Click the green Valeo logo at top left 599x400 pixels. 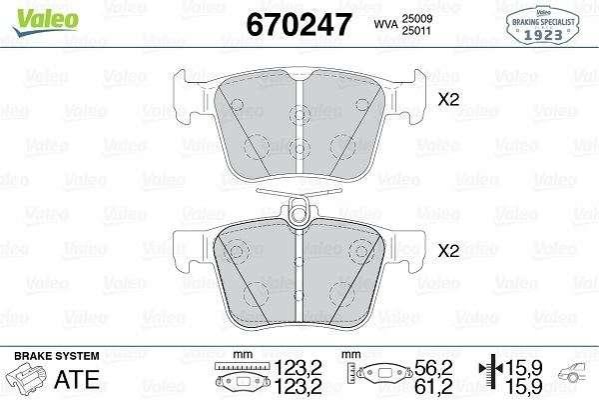click(46, 22)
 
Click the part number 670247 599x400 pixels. click(299, 25)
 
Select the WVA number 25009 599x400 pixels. click(416, 18)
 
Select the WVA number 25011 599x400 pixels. click(416, 31)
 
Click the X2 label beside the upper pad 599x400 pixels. click(448, 100)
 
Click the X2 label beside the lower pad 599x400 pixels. click(448, 251)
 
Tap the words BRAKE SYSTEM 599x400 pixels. click(57, 356)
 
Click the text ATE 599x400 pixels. click(77, 380)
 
